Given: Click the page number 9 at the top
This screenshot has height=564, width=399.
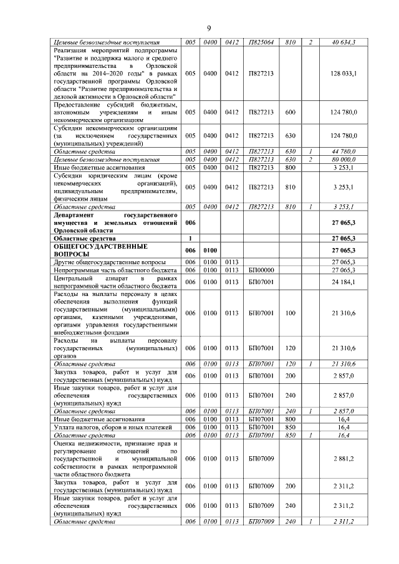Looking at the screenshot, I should click(209, 28).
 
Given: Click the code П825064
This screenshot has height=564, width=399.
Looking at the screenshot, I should click(261, 42).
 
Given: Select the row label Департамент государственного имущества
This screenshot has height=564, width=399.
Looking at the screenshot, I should click(115, 221).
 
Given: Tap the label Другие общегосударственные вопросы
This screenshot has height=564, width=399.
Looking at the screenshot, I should click(110, 262).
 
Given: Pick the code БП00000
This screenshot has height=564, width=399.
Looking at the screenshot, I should click(261, 270).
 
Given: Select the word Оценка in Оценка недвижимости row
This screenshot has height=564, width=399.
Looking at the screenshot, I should click(66, 443).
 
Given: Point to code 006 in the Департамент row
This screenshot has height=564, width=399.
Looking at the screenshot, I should click(190, 222).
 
